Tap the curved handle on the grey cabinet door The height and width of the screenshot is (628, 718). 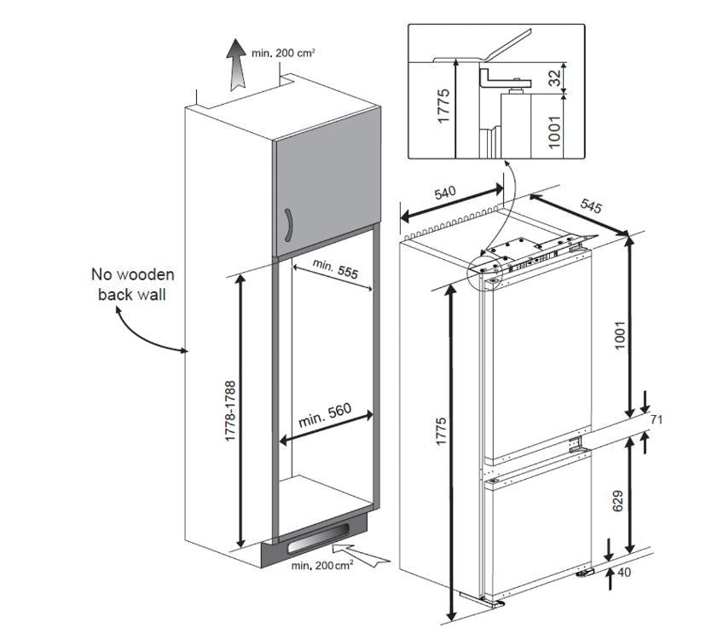(290, 226)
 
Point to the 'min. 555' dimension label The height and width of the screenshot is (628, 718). (334, 269)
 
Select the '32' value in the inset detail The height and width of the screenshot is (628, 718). (554, 79)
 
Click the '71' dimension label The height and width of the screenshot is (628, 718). (657, 420)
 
